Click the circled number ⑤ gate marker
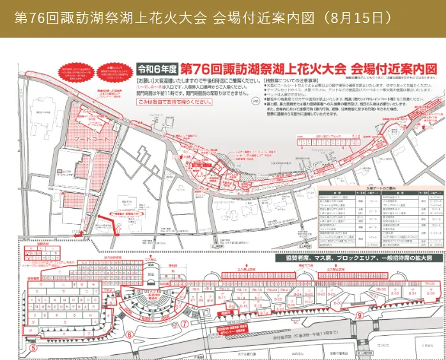pyautogui.click(x=32, y=349)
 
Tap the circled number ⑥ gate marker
pyautogui.click(x=130, y=334)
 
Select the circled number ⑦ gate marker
pyautogui.click(x=184, y=324)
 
